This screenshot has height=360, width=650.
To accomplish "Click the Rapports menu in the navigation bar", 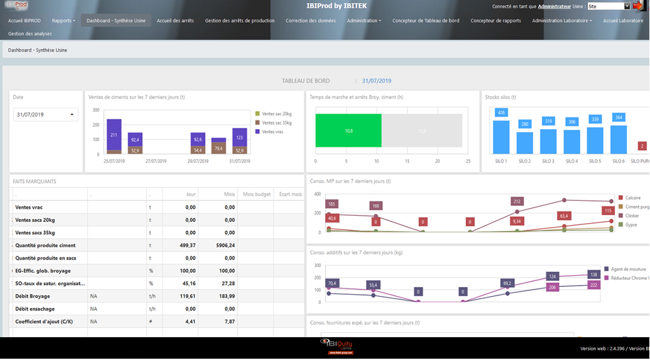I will tap(63, 21).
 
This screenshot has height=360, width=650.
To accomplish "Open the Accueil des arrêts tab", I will tap(175, 21).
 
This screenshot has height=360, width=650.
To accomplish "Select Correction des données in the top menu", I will tap(311, 21).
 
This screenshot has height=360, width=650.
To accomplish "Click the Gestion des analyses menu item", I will tap(30, 34).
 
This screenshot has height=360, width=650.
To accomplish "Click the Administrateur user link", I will tap(554, 7).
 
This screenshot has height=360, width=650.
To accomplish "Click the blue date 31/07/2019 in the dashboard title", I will tap(377, 81).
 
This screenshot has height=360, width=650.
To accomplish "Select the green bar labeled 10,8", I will tap(348, 130).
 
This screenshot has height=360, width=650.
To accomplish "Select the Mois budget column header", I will tap(256, 194).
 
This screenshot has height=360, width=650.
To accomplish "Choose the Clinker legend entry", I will tap(632, 215).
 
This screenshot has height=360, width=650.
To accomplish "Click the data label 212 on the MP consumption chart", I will tap(518, 202).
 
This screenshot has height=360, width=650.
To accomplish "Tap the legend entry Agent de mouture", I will tap(628, 269).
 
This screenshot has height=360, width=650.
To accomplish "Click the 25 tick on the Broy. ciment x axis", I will tap(467, 161).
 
